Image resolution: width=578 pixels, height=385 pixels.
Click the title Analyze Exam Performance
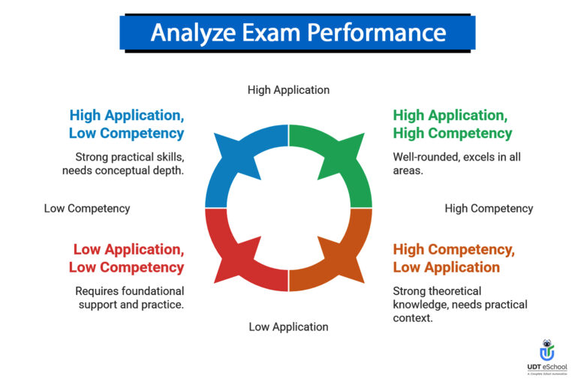(x=297, y=33)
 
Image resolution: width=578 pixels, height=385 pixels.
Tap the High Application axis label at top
(x=288, y=90)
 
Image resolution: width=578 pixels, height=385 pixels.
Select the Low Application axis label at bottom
(x=288, y=327)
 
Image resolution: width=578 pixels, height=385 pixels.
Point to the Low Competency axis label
(x=87, y=209)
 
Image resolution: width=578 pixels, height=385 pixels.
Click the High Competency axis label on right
(x=489, y=209)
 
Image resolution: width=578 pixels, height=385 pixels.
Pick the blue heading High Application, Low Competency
(x=127, y=125)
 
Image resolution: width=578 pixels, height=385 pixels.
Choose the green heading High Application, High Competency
(x=452, y=125)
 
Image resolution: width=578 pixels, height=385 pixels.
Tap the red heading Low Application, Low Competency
(x=128, y=258)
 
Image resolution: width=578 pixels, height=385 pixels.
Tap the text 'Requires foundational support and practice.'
(x=129, y=298)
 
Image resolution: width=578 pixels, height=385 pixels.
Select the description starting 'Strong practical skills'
(x=123, y=164)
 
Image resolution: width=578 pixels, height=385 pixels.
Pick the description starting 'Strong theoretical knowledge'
(x=459, y=305)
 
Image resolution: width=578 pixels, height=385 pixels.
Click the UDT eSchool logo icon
(x=548, y=350)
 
